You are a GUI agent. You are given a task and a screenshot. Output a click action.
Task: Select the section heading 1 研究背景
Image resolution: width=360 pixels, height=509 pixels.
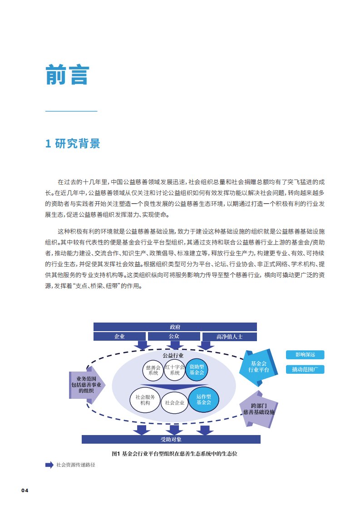click(x=73, y=144)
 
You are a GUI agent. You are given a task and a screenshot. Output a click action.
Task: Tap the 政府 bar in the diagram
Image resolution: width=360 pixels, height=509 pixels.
click(x=175, y=327)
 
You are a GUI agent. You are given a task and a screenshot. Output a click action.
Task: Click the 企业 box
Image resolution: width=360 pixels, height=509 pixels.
click(x=120, y=337)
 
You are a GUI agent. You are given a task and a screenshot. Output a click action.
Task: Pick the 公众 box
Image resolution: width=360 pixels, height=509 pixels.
click(x=174, y=337)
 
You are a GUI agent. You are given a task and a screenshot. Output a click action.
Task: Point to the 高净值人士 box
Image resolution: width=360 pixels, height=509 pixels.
click(x=229, y=337)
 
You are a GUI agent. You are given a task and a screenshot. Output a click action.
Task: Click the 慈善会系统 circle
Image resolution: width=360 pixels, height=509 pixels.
click(x=153, y=370)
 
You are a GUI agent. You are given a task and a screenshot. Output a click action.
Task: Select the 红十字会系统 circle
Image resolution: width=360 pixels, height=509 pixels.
click(x=175, y=370)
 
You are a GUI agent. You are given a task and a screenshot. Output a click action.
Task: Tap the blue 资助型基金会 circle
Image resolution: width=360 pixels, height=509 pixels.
click(x=197, y=369)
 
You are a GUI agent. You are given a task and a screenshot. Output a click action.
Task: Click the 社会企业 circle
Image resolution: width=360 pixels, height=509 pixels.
click(x=175, y=402)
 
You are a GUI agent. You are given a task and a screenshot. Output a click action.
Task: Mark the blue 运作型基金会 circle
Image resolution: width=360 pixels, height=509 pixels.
click(x=203, y=399)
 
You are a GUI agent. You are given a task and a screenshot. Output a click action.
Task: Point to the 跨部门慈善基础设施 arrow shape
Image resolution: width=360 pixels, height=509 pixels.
click(x=258, y=409)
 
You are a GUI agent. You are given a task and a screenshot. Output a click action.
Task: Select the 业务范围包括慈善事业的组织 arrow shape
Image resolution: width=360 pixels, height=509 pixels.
click(x=86, y=384)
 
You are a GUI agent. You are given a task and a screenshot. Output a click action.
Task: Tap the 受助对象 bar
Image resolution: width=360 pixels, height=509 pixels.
click(x=171, y=439)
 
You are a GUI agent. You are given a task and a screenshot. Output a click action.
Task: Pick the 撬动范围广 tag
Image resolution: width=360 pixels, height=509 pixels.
click(x=305, y=369)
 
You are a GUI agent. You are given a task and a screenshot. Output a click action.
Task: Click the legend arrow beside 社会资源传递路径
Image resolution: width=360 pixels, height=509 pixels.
click(x=49, y=465)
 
